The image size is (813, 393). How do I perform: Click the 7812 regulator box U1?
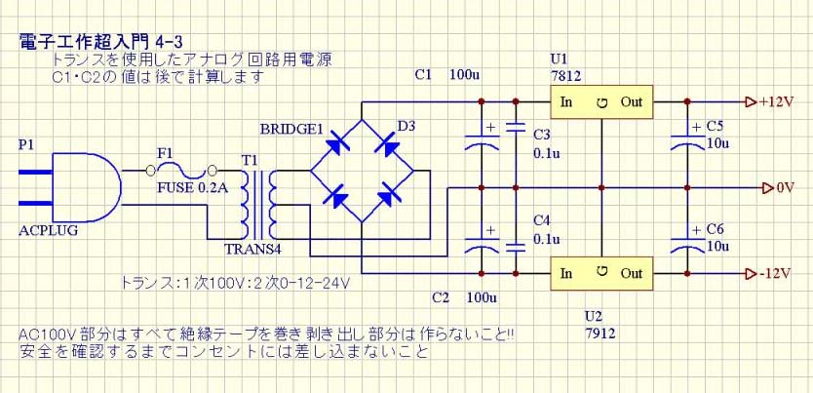(x=601, y=102)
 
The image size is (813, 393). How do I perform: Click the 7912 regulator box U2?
(x=601, y=273)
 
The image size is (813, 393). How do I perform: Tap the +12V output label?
(x=777, y=101)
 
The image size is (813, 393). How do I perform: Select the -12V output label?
(x=777, y=273)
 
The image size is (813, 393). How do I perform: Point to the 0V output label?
(x=785, y=187)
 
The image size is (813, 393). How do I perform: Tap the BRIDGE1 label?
(x=290, y=130)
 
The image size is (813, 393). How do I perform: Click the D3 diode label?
(x=406, y=125)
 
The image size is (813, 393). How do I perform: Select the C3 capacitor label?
(x=543, y=134)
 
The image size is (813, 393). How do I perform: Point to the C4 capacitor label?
(x=543, y=219)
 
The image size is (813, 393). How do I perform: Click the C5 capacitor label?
(x=715, y=127)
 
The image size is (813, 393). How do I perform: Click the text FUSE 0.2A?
(x=192, y=188)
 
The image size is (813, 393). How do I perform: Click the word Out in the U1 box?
(x=632, y=102)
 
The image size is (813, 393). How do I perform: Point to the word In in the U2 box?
(x=565, y=273)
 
